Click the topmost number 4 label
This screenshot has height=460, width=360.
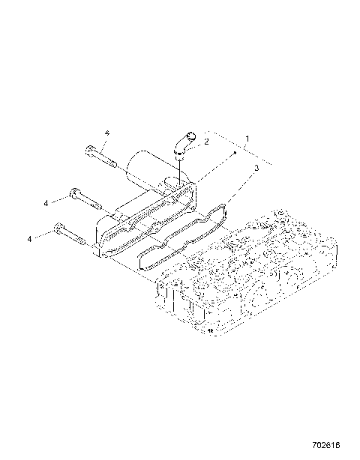[x=107, y=133]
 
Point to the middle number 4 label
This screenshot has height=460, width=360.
[x=46, y=203]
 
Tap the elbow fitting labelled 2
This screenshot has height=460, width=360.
[x=182, y=145]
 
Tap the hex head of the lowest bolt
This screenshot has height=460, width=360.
[x=58, y=229]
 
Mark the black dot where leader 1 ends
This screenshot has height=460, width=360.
[x=234, y=152]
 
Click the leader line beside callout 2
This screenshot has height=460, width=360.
[x=193, y=141]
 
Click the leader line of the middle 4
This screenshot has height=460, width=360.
[x=59, y=199]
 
